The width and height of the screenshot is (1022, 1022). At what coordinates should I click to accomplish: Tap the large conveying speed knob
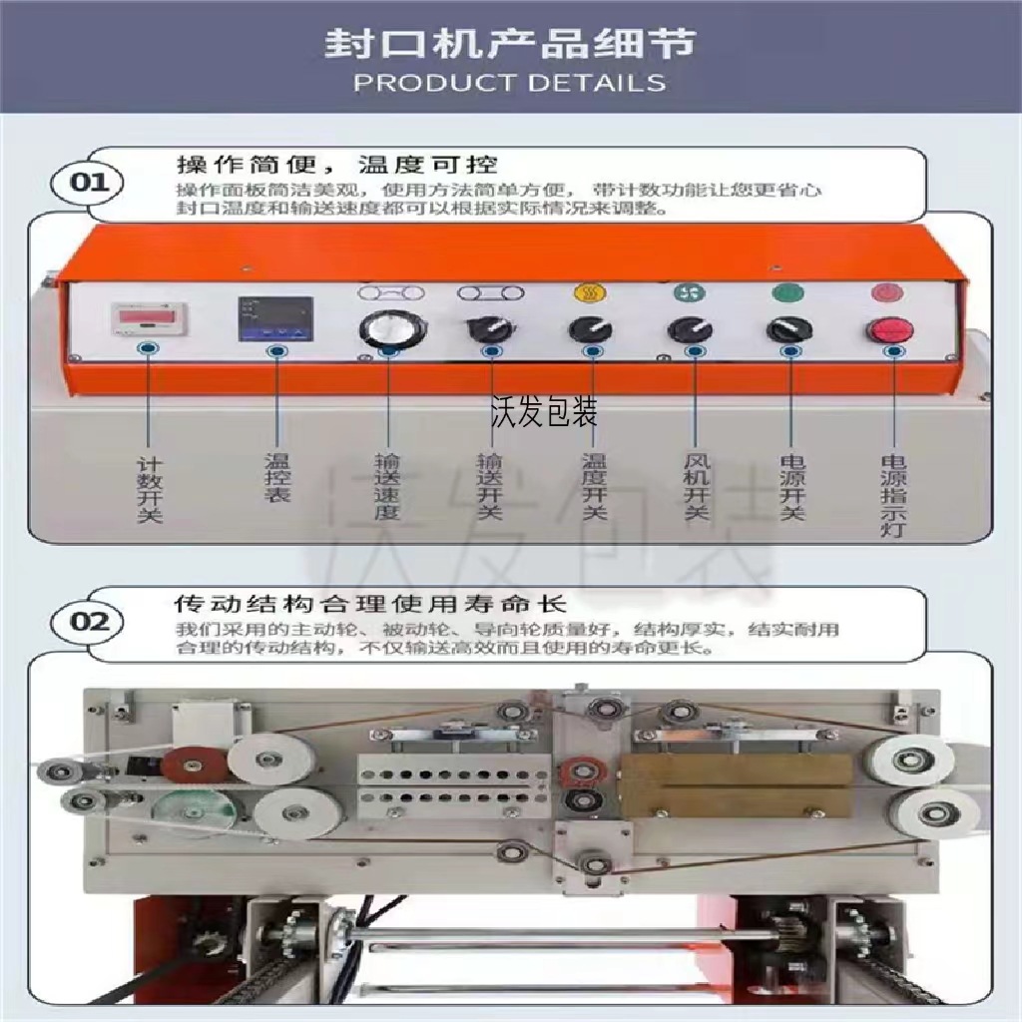pyautogui.click(x=386, y=328)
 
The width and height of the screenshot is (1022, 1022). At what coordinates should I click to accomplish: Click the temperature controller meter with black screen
pyautogui.click(x=274, y=318)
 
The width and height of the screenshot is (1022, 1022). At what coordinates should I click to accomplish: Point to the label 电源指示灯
pyautogui.click(x=891, y=496)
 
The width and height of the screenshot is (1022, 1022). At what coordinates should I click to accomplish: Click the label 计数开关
pyautogui.click(x=149, y=490)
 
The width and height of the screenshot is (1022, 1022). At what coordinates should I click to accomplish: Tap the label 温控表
pyautogui.click(x=276, y=478)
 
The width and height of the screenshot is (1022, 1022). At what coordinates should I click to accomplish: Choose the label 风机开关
pyautogui.click(x=696, y=488)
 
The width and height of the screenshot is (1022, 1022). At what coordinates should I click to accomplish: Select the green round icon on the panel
pyautogui.click(x=787, y=293)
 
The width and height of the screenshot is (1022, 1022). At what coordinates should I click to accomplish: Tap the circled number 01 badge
pyautogui.click(x=88, y=184)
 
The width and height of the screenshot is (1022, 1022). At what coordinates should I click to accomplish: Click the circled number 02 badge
pyautogui.click(x=88, y=621)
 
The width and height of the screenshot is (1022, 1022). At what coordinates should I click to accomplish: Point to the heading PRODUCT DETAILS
pyautogui.click(x=510, y=82)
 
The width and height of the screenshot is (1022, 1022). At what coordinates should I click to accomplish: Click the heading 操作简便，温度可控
pyautogui.click(x=336, y=163)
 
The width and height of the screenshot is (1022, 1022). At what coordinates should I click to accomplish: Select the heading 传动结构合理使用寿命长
pyautogui.click(x=370, y=603)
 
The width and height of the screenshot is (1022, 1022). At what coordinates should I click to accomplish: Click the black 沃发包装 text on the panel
pyautogui.click(x=544, y=411)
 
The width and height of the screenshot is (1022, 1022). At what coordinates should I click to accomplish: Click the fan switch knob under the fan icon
pyautogui.click(x=689, y=329)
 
